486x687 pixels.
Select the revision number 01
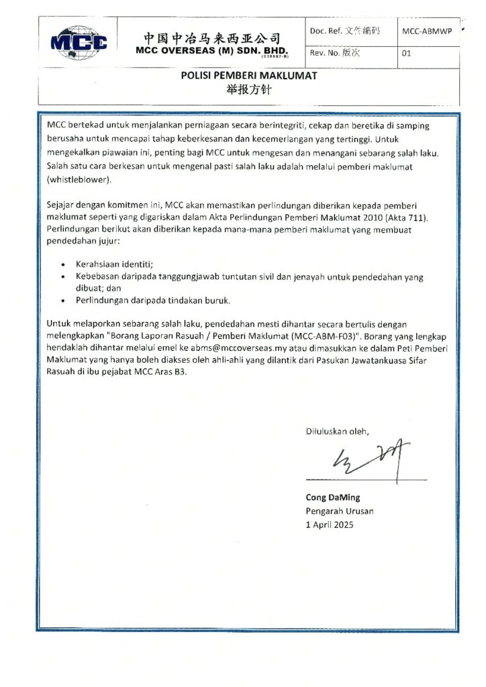pos(405,54)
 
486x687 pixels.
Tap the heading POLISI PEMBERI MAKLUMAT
pos(248,76)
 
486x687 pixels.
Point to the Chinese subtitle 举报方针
pos(248,90)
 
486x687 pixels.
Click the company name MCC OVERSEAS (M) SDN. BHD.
pos(211,50)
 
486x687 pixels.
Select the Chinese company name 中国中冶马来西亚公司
pos(211,38)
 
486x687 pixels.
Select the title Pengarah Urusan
pos(340,511)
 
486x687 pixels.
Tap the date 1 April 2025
pos(330,525)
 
